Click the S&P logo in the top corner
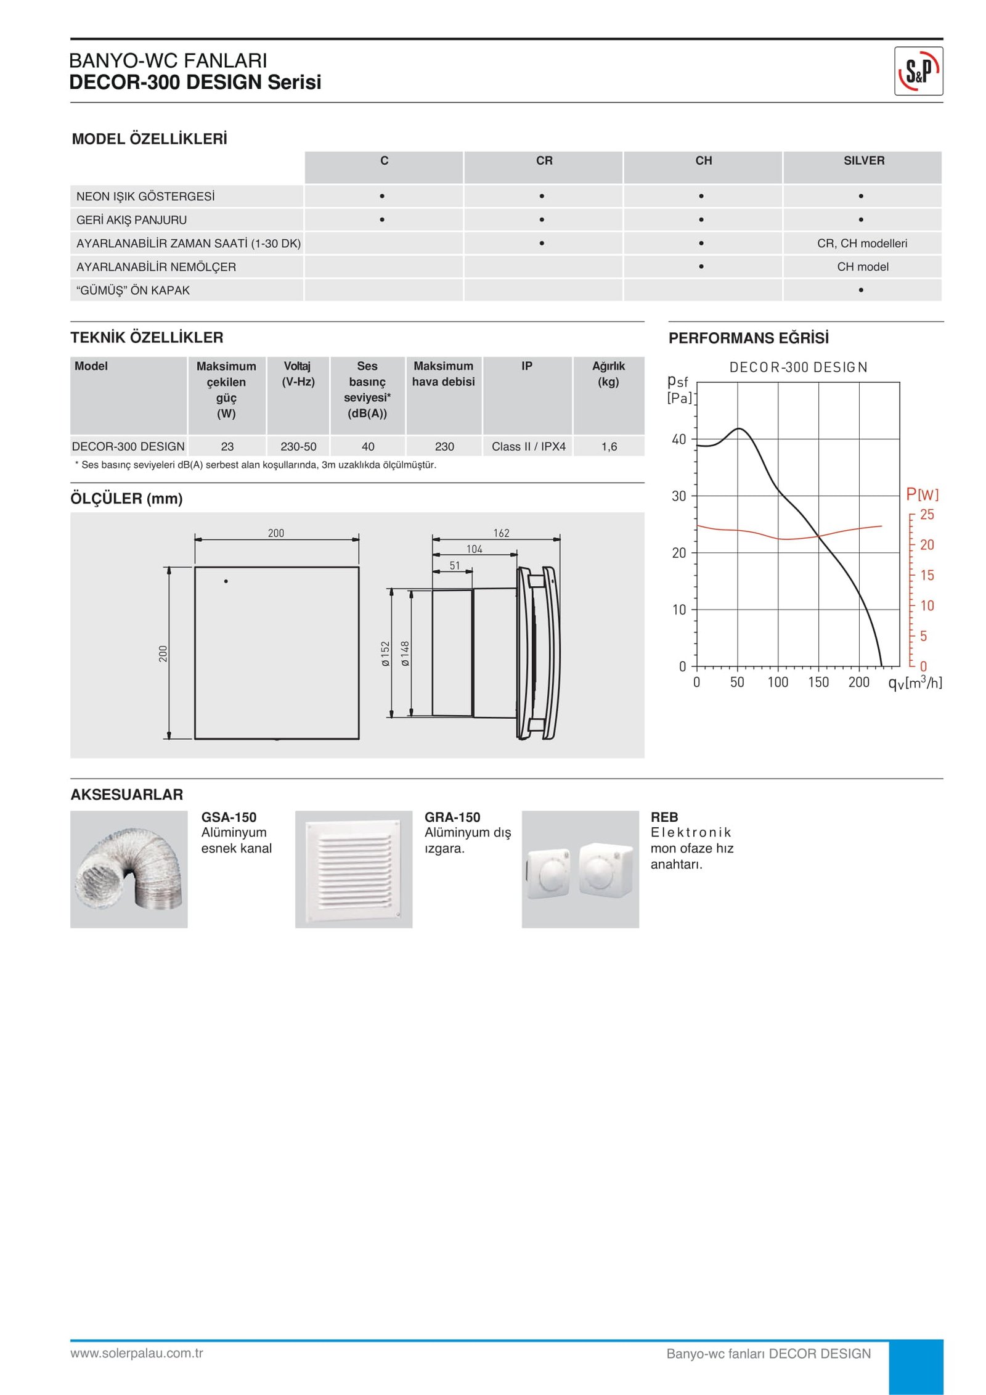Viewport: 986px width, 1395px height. point(918,72)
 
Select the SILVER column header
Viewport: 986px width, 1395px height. point(863,161)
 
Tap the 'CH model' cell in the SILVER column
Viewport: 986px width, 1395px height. point(862,267)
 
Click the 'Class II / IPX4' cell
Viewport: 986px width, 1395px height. point(528,446)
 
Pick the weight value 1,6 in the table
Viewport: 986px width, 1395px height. point(609,446)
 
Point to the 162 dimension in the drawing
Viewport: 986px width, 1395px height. point(501,533)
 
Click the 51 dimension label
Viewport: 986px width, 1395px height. point(454,566)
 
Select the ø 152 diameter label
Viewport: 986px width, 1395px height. point(386,653)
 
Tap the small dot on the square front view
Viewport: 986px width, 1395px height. point(226,581)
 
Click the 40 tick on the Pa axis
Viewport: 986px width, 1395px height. point(678,440)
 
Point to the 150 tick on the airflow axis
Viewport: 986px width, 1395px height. point(818,682)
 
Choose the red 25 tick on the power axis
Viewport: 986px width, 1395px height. point(927,515)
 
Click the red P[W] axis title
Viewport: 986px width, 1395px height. point(922,494)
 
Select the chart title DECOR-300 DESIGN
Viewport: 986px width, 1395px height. point(798,367)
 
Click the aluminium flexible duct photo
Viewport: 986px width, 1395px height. point(129,869)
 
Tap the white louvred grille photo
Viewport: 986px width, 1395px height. point(354,869)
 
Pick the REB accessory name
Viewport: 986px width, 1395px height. point(664,817)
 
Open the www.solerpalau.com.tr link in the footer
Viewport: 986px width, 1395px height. point(137,1354)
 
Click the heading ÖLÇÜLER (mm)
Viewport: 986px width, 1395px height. point(126,499)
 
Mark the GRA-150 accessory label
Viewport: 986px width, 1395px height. point(452,817)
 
